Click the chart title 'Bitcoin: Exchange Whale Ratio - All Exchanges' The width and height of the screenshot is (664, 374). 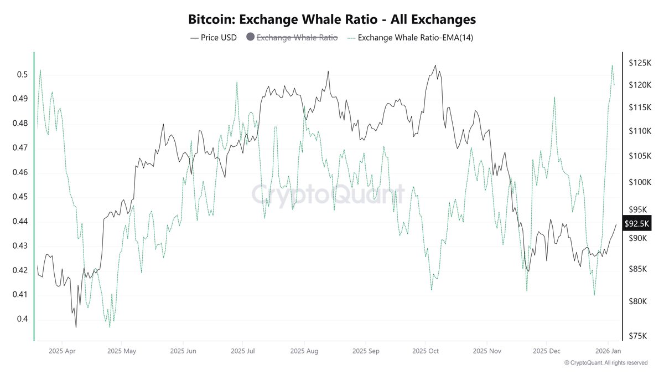click(x=332, y=19)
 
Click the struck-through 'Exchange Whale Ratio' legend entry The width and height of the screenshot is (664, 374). click(x=297, y=38)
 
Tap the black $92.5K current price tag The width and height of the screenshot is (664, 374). click(x=636, y=223)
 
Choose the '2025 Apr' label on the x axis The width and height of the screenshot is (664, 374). click(x=62, y=351)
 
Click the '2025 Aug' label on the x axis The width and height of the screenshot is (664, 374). click(x=304, y=351)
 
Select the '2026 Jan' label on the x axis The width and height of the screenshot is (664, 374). click(x=608, y=351)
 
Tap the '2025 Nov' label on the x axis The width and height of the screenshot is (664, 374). click(x=486, y=351)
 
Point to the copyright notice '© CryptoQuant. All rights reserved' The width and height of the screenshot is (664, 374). click(x=605, y=363)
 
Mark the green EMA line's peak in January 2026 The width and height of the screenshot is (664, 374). click(x=612, y=65)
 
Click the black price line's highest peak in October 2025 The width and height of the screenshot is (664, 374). click(x=435, y=65)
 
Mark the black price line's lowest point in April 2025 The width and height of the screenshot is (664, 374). click(x=76, y=327)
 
